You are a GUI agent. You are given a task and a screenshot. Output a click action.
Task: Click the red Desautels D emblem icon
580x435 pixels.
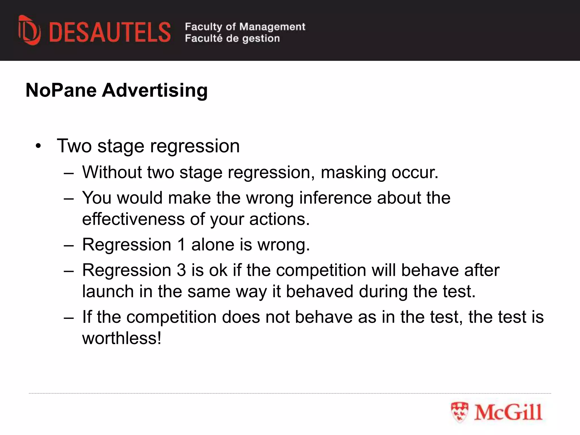click(29, 30)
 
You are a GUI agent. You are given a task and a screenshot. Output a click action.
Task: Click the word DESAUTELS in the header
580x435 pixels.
click(110, 33)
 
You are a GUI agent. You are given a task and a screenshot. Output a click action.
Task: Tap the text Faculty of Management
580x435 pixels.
click(245, 27)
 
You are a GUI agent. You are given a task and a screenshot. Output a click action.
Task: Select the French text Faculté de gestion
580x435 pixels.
click(232, 39)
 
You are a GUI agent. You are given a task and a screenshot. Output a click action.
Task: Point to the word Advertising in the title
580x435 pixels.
click(155, 90)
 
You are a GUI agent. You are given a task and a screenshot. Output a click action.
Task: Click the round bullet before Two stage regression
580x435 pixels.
click(39, 146)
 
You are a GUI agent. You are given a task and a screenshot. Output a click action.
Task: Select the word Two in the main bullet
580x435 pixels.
click(74, 146)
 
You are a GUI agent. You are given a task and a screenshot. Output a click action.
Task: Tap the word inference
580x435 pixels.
click(335, 198)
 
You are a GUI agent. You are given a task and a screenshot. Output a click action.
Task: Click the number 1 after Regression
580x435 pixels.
click(181, 245)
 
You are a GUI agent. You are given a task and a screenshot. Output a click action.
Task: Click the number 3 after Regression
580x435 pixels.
click(181, 270)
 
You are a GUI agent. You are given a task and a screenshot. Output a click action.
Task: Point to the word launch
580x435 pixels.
click(108, 291)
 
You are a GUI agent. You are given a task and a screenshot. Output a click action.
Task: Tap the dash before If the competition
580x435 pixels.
click(69, 317)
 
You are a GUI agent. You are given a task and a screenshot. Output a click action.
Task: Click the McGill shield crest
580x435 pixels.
click(459, 412)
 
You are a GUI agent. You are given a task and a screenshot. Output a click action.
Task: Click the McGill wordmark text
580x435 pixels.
click(508, 412)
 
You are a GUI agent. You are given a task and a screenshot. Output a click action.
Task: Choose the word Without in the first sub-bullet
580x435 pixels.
click(112, 172)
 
